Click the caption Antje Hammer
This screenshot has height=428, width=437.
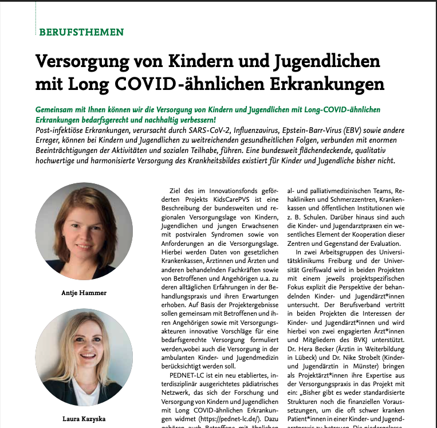(x=84, y=293)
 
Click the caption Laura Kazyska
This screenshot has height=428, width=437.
(x=84, y=419)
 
